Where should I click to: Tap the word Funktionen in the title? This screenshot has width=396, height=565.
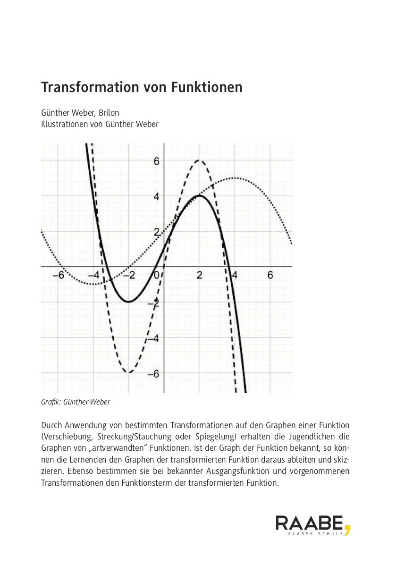pyautogui.click(x=207, y=88)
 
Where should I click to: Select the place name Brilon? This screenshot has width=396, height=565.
pyautogui.click(x=109, y=113)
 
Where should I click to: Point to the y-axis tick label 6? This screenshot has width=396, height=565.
pyautogui.click(x=156, y=161)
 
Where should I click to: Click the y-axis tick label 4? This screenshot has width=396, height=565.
pyautogui.click(x=156, y=196)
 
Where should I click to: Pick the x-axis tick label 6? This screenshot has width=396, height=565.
pyautogui.click(x=270, y=275)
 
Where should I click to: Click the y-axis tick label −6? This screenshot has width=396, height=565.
pyautogui.click(x=154, y=373)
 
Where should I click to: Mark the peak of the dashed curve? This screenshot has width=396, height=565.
pyautogui.click(x=199, y=160)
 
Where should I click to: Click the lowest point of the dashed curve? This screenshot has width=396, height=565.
pyautogui.click(x=128, y=372)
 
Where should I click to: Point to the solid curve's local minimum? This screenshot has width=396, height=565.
pyautogui.click(x=128, y=302)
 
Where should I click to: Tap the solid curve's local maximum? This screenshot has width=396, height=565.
pyautogui.click(x=199, y=195)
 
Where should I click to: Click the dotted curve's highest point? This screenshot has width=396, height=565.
pyautogui.click(x=235, y=178)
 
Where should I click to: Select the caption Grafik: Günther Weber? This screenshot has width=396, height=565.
pyautogui.click(x=76, y=402)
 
